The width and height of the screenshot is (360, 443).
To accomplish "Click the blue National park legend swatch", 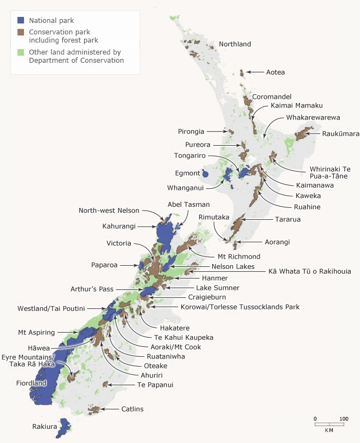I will point(21,20).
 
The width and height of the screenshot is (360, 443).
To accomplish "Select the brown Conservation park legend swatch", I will point(21,32).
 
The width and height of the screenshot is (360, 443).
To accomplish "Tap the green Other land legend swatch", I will point(21,52).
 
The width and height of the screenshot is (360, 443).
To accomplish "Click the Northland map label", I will point(235,44).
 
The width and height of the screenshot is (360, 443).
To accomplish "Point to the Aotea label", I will point(275,72).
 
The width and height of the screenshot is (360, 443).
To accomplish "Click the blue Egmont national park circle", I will point(205,175).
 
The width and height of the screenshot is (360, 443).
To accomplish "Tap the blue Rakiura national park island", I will point(64,428).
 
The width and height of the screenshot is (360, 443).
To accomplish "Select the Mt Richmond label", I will point(238,256).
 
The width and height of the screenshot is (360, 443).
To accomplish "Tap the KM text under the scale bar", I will point(329,430).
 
